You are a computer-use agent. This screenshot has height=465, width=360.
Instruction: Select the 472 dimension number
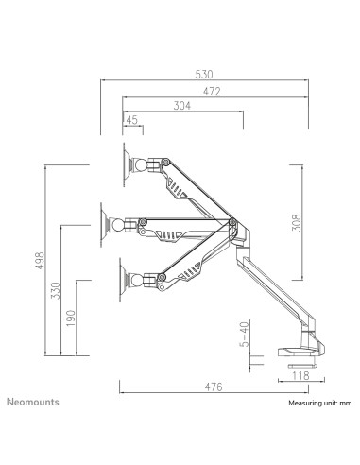pos(214,91)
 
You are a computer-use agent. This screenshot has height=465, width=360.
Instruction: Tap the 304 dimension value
pos(182,106)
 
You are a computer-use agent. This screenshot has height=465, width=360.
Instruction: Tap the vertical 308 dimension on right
pos(296,223)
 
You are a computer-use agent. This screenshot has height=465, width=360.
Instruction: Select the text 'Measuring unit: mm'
pos(319,403)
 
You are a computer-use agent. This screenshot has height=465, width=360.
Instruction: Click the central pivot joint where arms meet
pos(232,223)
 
